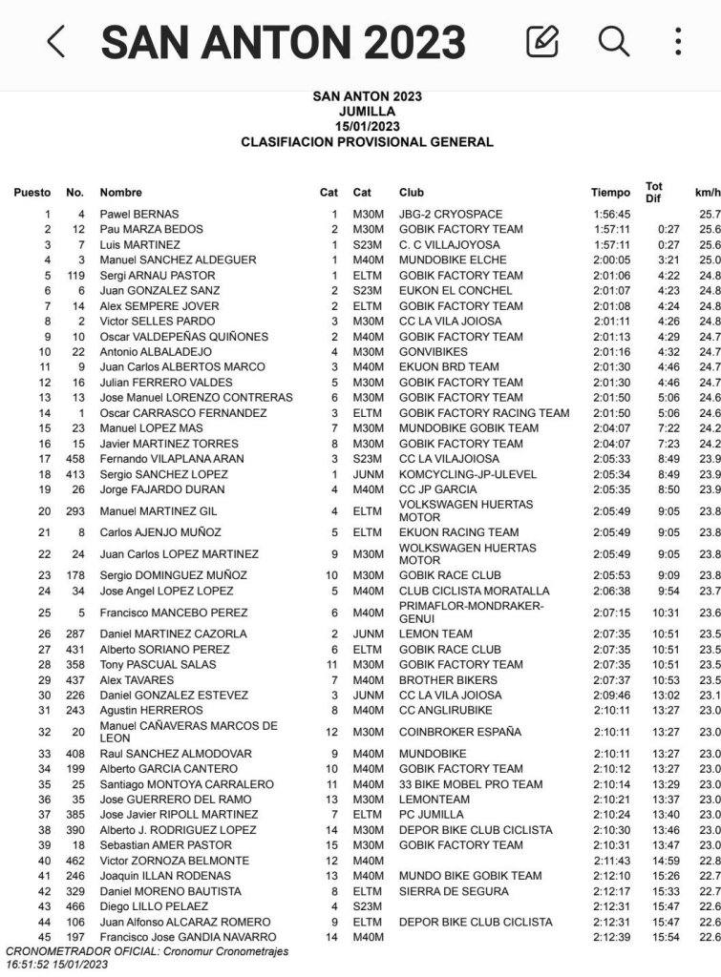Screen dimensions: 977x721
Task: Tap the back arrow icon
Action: click(56, 42)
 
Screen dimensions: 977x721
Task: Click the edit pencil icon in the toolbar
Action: click(541, 42)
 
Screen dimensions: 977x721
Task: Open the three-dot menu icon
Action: click(677, 42)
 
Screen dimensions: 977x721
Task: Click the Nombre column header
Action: click(120, 193)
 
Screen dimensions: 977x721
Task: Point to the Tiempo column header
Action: click(610, 193)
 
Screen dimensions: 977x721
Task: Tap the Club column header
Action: click(412, 193)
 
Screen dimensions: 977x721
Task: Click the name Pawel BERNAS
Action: click(139, 215)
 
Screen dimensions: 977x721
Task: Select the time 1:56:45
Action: click(611, 215)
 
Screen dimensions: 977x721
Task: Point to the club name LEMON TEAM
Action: click(435, 634)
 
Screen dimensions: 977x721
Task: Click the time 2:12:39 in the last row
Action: click(611, 938)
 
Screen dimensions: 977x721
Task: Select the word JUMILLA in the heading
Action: click(367, 112)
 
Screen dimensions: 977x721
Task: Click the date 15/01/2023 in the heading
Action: click(367, 127)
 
